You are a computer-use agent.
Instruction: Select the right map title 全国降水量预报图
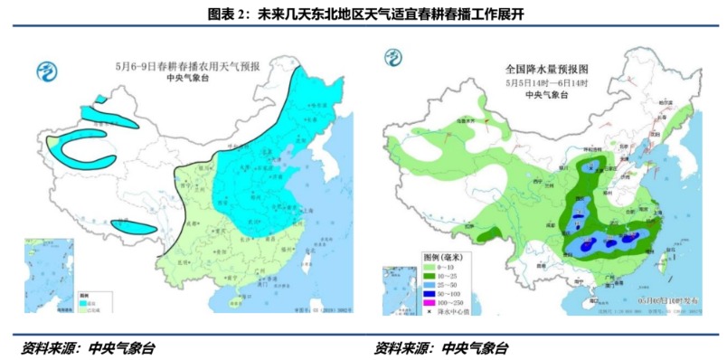tap(546, 69)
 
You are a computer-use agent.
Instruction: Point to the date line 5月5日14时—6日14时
tap(546, 82)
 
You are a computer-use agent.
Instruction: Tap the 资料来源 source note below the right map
tap(441, 347)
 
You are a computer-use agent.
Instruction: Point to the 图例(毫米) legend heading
tap(447, 258)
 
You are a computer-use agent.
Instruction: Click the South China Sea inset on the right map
tap(399, 289)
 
